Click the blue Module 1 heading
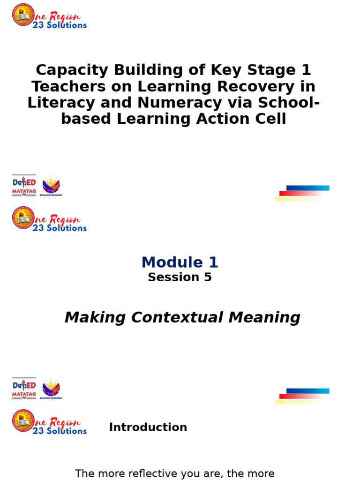pos(180,262)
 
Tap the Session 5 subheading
pos(180,277)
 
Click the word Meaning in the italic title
pos(264,317)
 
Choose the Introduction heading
pos(148,427)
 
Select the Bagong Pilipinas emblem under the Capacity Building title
pos(51,186)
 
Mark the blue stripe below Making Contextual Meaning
pos(307,391)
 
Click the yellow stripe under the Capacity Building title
pos(296,200)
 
